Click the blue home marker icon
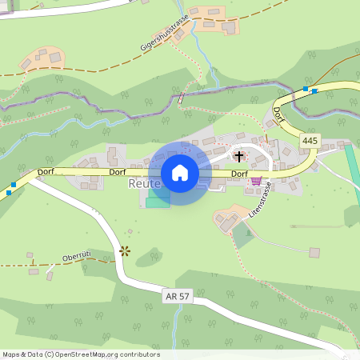[x=180, y=173]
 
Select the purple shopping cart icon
[x=256, y=182]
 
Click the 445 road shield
[x=310, y=141]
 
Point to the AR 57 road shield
[x=177, y=296]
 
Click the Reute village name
[x=145, y=184]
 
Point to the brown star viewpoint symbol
[x=124, y=250]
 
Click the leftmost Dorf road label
[x=46, y=172]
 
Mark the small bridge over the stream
[x=181, y=99]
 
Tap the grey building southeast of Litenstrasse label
[x=314, y=253]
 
